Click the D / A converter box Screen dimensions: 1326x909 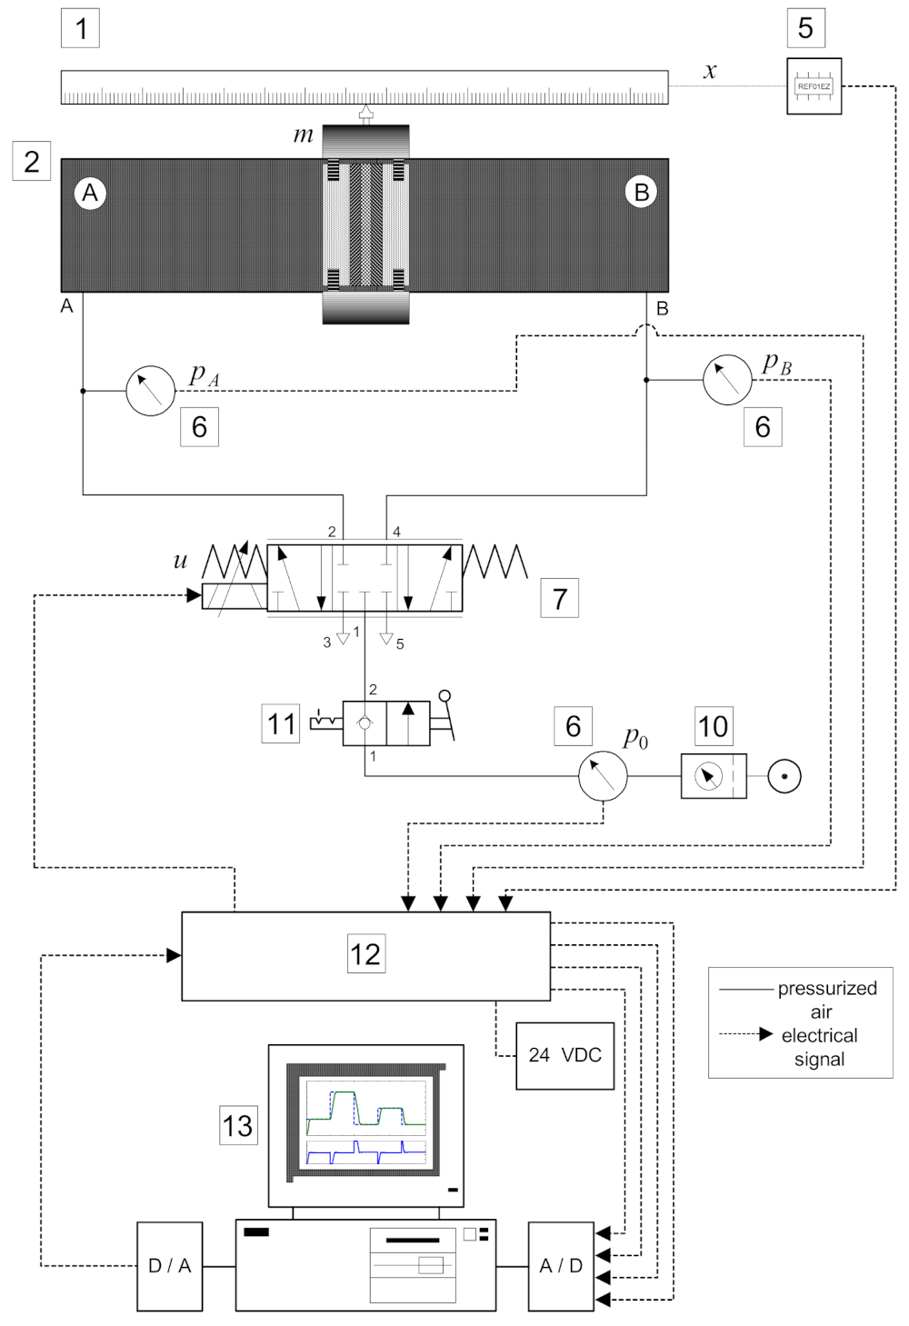coord(169,1265)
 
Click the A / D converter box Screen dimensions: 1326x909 coord(561,1265)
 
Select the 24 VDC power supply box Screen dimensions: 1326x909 coord(564,1055)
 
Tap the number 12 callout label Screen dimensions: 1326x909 coord(365,954)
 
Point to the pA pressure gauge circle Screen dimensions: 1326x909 coord(150,391)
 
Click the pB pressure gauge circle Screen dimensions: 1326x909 coord(727,379)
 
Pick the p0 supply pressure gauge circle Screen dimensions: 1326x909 coord(603,775)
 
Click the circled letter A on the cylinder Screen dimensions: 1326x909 coord(90,193)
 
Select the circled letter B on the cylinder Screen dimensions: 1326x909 coord(641,192)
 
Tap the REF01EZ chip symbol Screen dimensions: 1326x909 coord(814,86)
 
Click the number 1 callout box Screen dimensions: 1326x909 coord(81,28)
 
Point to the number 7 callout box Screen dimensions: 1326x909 coord(559,598)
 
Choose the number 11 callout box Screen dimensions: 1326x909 coord(281,723)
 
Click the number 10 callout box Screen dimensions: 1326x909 coord(714,725)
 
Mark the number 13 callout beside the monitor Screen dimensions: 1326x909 coord(238,1125)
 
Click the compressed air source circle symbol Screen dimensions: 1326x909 coord(784,776)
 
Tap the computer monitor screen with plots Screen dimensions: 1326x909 coord(365,1123)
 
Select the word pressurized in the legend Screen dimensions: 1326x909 coord(827,988)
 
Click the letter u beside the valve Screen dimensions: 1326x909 coord(180,561)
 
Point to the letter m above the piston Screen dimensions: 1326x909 coord(303,136)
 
